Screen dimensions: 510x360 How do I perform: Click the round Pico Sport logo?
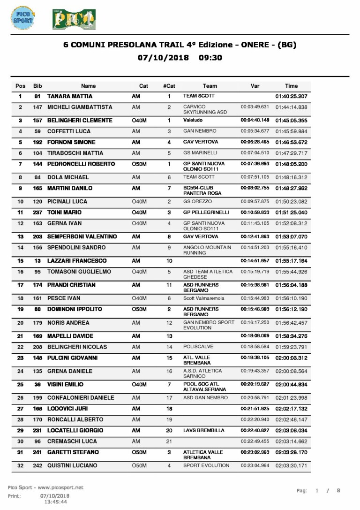(22, 18)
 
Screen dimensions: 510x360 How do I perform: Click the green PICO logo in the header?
(74, 19)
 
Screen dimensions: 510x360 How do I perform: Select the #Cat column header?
(169, 86)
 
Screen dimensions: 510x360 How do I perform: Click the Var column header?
(255, 86)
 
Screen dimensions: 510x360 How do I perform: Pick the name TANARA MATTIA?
(70, 96)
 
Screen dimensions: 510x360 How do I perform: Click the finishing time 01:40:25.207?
(291, 96)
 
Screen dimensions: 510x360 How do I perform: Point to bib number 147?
(37, 107)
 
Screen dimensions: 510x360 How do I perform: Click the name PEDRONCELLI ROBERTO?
(81, 164)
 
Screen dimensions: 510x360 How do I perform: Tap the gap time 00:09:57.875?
(255, 202)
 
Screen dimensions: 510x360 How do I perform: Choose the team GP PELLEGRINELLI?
(206, 212)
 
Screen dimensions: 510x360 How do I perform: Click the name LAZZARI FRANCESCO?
(77, 261)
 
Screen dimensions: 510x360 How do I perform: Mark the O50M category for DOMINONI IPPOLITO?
(139, 310)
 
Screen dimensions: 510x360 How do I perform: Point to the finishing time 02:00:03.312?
(291, 358)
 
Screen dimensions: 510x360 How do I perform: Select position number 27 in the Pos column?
(20, 409)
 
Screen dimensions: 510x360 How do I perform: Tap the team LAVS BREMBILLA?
(203, 430)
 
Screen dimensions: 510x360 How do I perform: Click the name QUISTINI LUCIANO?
(72, 465)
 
